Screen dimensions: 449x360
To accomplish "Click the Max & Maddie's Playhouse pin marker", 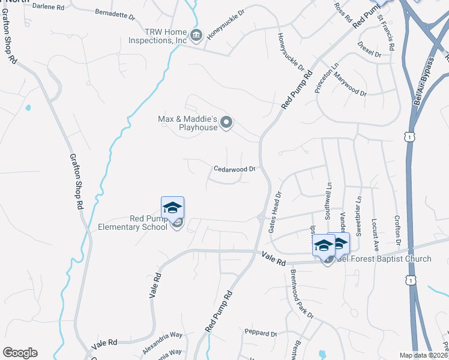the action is [226, 122].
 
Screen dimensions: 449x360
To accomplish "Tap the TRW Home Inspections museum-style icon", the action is [196, 36].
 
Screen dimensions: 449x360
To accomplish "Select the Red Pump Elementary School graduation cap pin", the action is [172, 208].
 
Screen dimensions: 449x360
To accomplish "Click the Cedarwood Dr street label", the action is [235, 169].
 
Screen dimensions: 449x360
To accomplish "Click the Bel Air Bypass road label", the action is [423, 81].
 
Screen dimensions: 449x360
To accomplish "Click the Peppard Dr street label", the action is [260, 333].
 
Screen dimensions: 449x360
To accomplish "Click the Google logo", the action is [20, 353].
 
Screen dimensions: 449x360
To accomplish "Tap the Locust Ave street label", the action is [375, 234].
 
